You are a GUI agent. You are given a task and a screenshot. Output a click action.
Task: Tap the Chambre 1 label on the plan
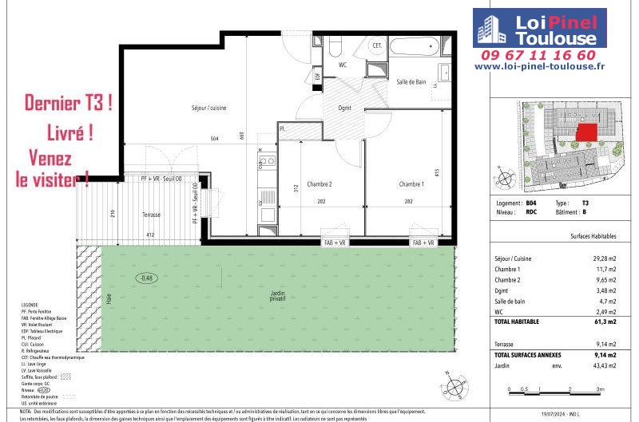(411, 183)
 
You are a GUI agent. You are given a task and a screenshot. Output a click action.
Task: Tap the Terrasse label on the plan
(151, 215)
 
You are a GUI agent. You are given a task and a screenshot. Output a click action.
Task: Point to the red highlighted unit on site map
(587, 132)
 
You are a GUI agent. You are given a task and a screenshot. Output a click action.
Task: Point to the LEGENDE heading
(31, 306)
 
